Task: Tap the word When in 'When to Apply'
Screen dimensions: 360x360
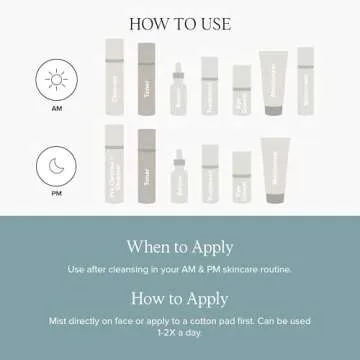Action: (148, 245)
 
